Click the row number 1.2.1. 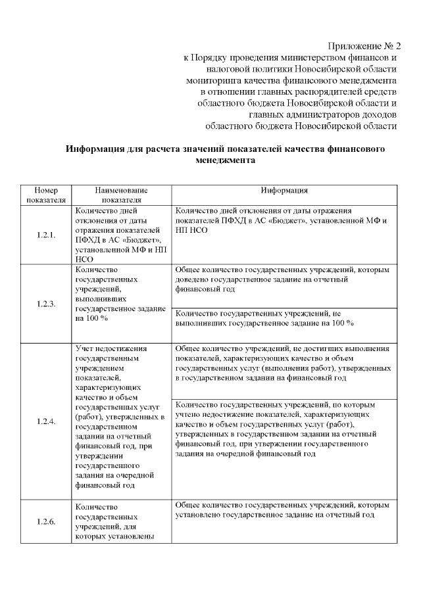46,235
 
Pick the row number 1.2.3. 46,303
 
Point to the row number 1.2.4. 46,421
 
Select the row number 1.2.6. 46,522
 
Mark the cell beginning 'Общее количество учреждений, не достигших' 284,364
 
